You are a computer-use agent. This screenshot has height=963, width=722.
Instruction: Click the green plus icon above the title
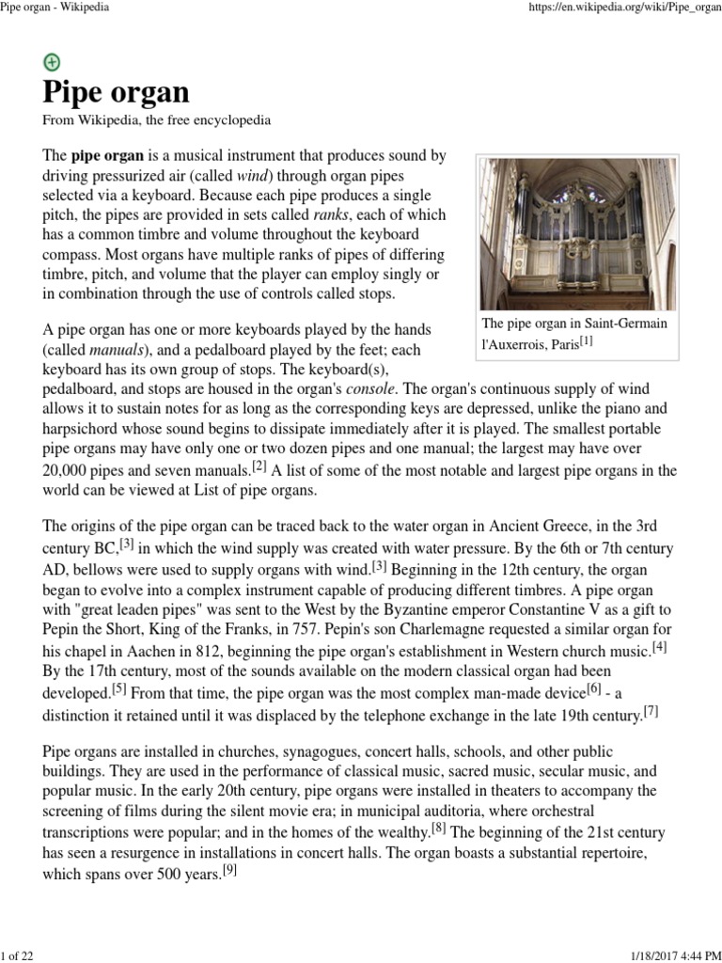[x=52, y=62]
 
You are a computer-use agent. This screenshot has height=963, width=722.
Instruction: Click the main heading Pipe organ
[x=116, y=92]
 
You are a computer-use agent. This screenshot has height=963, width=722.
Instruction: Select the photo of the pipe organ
[x=577, y=233]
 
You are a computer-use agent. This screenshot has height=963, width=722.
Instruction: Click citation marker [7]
[x=651, y=712]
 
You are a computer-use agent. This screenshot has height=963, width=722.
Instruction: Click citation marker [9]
[x=229, y=870]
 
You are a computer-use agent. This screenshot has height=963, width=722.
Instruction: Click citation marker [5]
[x=119, y=689]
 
